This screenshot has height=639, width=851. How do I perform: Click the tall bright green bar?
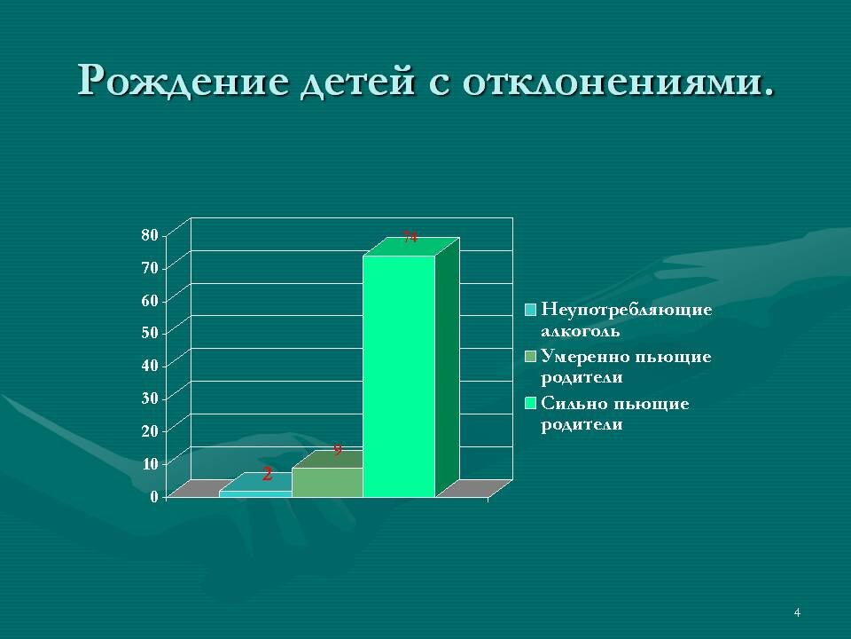399,373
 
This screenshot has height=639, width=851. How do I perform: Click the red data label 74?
410,237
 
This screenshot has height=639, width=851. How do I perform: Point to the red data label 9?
337,450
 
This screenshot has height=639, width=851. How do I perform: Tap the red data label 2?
267,475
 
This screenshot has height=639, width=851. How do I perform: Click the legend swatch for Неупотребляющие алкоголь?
530,310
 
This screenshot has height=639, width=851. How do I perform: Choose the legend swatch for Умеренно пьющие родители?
530,357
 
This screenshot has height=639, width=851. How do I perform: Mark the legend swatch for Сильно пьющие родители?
530,404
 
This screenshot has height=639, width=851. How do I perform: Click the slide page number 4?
797,612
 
